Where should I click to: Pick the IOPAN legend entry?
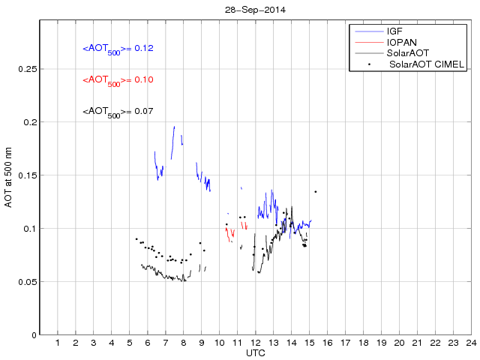pos(401,43)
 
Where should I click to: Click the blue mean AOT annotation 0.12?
pos(118,49)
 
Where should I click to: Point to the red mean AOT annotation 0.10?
pos(118,80)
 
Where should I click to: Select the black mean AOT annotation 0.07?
pos(118,112)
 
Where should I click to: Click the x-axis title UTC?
pos(254,352)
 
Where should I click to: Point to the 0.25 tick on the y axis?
pos(25,69)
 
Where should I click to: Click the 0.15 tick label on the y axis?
pos(25,175)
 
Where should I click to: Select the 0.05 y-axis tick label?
pos(25,282)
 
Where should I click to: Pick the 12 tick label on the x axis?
pos(255,343)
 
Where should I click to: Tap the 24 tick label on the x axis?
pos(470,343)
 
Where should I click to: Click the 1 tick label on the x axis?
pos(58,343)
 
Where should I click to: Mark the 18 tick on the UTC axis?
pos(363,343)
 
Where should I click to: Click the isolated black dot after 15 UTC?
pos(316,191)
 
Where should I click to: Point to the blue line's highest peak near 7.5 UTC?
pos(174,127)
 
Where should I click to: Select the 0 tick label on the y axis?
pos(32,335)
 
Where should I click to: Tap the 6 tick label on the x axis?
pos(148,343)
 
